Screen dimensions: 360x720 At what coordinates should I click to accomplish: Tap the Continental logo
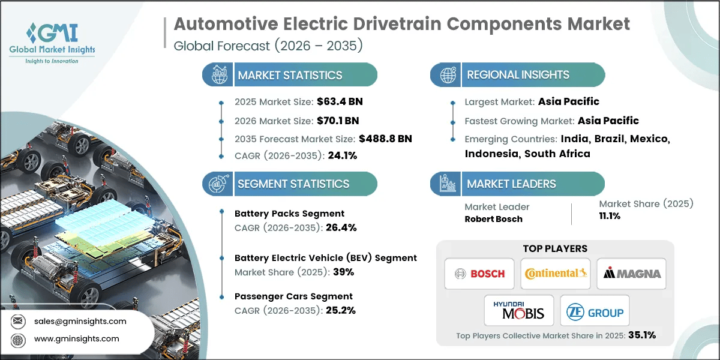(555, 274)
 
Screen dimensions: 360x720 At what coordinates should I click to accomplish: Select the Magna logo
(632, 274)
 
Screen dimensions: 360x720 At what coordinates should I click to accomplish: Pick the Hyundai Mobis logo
(518, 310)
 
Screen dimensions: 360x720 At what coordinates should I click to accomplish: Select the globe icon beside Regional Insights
(447, 75)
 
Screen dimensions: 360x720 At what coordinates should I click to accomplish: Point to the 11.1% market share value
(610, 216)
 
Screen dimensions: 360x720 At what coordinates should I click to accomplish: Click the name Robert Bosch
(493, 219)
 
